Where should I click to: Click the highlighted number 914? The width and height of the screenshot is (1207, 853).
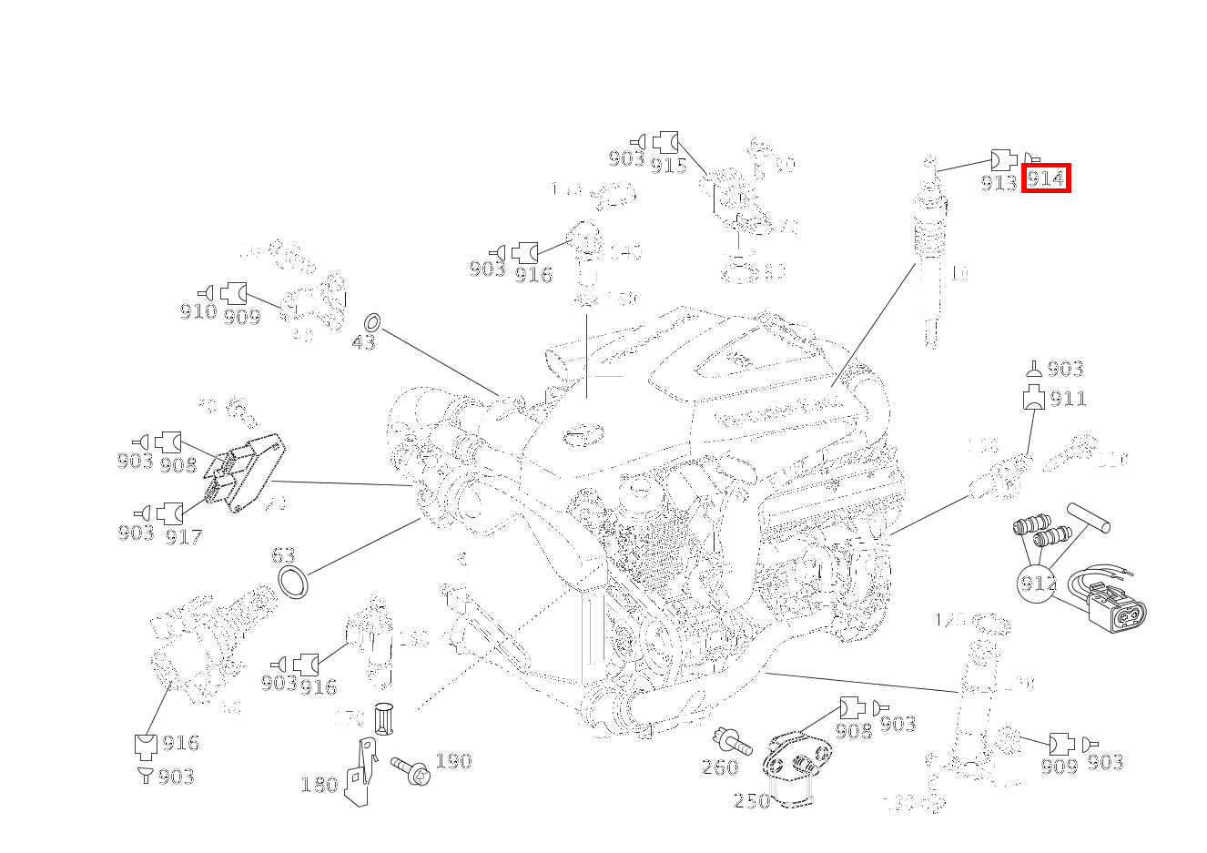pyautogui.click(x=1045, y=178)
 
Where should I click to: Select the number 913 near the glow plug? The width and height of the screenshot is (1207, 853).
pyautogui.click(x=999, y=183)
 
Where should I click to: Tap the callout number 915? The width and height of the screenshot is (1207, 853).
pyautogui.click(x=668, y=166)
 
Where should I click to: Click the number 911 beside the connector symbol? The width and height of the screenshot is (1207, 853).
pyautogui.click(x=1068, y=399)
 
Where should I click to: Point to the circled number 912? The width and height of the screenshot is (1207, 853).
pyautogui.click(x=1037, y=582)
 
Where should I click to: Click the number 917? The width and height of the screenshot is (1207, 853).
pyautogui.click(x=183, y=537)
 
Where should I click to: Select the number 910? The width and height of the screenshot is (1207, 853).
pyautogui.click(x=198, y=312)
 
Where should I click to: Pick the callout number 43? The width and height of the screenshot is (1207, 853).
pyautogui.click(x=363, y=343)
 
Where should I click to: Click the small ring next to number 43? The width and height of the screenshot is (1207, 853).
pyautogui.click(x=371, y=322)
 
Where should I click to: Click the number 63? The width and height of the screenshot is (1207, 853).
pyautogui.click(x=283, y=555)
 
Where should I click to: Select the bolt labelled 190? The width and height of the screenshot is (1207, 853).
pyautogui.click(x=410, y=770)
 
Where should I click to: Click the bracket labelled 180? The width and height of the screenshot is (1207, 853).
pyautogui.click(x=361, y=773)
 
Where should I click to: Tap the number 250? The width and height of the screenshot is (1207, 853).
pyautogui.click(x=752, y=801)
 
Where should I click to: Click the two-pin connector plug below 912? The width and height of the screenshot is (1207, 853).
pyautogui.click(x=1117, y=613)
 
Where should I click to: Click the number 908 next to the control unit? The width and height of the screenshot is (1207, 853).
pyautogui.click(x=177, y=465)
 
